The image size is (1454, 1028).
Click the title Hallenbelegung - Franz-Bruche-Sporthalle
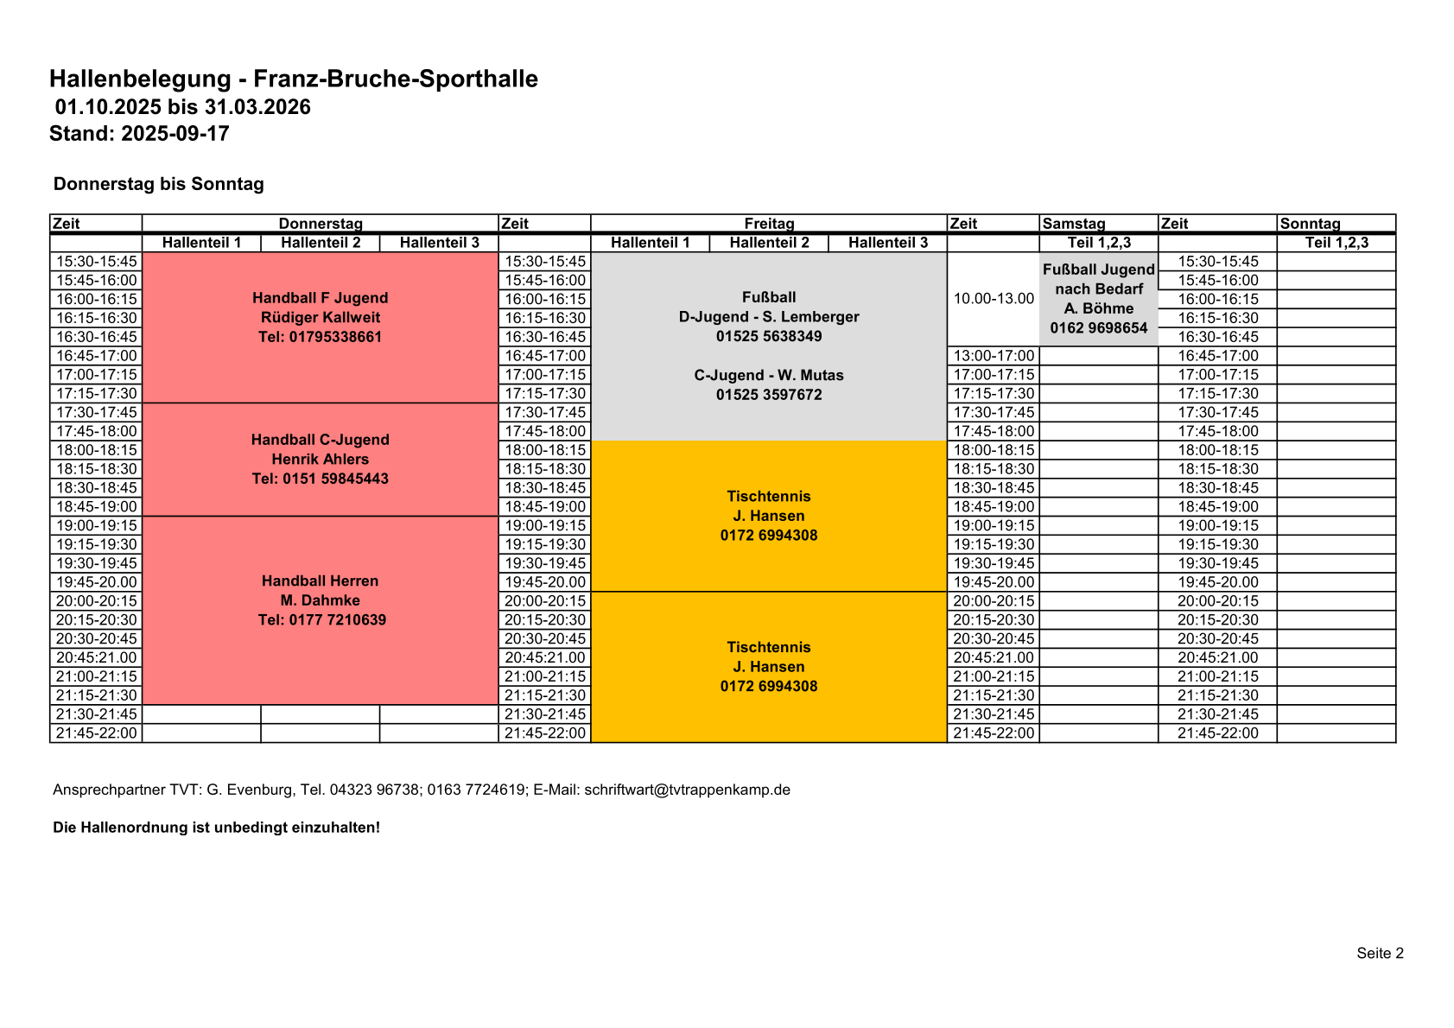tap(293, 79)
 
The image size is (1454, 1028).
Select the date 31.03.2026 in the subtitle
tap(257, 107)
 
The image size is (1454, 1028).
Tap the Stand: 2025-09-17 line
tap(139, 134)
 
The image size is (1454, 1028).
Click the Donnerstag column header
tap(321, 224)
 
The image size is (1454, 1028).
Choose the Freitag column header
tap(769, 224)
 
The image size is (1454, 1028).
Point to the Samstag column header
tap(1074, 224)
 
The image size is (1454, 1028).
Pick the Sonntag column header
tap(1310, 224)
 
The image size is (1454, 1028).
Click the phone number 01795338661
tap(320, 337)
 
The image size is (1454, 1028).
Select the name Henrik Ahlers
tap(320, 460)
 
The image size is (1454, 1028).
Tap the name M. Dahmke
tap(320, 600)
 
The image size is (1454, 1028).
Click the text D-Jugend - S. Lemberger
tap(769, 317)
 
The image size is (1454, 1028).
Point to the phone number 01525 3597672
tap(769, 395)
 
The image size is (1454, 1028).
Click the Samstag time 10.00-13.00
tap(994, 299)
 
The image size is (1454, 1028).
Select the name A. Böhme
tap(1099, 308)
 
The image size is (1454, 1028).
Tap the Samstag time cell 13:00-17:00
tap(994, 356)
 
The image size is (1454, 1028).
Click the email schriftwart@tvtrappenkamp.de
tap(687, 790)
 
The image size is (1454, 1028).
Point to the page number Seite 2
tap(1380, 953)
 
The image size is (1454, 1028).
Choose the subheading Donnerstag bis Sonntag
tap(159, 184)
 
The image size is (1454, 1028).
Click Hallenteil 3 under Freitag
tap(887, 243)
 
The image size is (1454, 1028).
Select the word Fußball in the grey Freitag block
tap(769, 298)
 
